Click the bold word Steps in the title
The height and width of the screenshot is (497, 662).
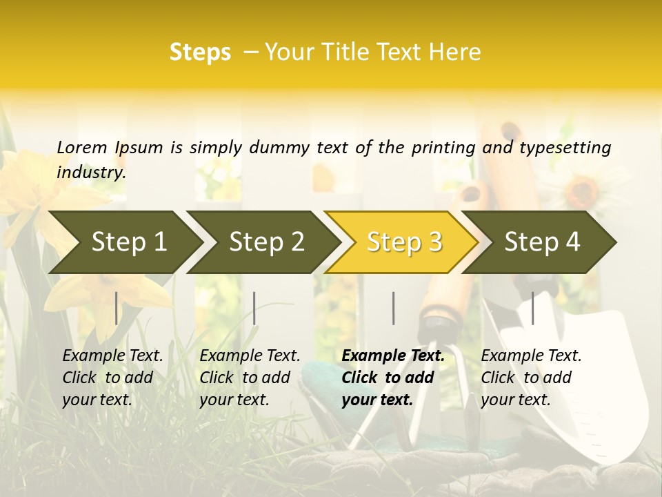tap(200, 52)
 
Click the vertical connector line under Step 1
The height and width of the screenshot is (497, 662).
tap(116, 308)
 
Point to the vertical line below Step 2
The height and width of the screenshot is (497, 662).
tap(254, 308)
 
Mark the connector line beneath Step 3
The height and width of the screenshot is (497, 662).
tap(393, 308)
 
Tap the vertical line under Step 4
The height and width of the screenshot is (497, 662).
tap(532, 308)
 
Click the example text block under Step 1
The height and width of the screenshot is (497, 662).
tap(112, 378)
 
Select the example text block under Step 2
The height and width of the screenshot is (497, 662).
tap(250, 378)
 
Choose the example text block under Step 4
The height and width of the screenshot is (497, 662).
tap(531, 378)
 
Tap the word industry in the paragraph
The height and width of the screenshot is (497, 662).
tap(91, 173)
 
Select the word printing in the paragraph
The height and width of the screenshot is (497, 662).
tap(443, 148)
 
